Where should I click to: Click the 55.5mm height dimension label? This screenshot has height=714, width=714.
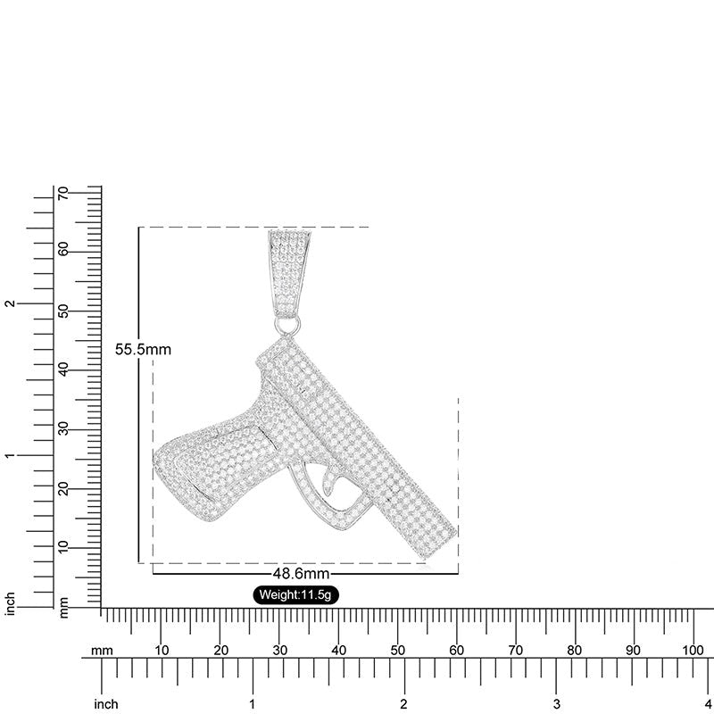143,349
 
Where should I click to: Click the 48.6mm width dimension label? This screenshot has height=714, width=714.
301,573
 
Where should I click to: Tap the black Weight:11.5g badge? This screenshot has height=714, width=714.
295,594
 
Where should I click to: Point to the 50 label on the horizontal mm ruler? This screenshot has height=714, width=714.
397,651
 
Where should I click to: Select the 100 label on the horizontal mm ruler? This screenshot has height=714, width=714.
693,651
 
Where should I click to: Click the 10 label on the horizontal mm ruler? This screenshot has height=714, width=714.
162,651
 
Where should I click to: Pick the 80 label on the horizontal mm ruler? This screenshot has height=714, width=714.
575,651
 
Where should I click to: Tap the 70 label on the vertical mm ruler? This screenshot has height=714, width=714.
63,193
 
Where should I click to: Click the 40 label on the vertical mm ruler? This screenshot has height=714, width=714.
63,369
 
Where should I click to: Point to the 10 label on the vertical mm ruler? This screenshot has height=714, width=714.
63,547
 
